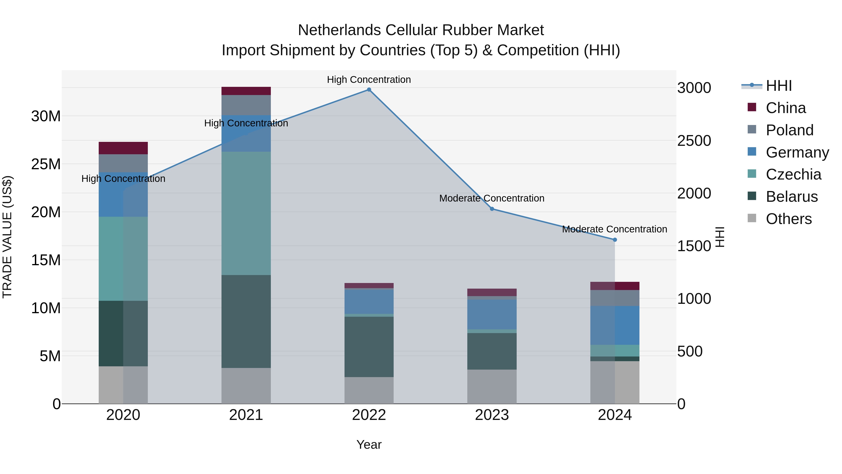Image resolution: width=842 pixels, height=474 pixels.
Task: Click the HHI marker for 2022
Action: tap(369, 90)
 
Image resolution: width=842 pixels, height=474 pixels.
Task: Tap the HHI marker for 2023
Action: tap(492, 209)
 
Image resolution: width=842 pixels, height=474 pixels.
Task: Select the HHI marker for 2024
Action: tap(615, 240)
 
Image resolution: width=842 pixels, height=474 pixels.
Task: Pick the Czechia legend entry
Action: tap(793, 174)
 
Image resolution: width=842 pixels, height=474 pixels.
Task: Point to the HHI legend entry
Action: tap(779, 86)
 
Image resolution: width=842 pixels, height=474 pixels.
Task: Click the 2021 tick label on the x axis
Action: tap(246, 415)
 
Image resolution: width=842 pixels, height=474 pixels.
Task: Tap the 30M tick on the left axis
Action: tap(46, 116)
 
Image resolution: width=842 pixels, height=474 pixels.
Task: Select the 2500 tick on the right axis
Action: tap(694, 141)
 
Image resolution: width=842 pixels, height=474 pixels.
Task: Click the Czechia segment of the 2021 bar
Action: tap(246, 213)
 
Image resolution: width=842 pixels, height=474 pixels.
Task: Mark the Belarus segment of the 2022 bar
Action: tap(369, 347)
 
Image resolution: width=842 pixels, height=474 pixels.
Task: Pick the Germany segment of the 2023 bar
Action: tap(492, 314)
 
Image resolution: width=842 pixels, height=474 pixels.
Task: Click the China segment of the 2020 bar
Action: tap(123, 148)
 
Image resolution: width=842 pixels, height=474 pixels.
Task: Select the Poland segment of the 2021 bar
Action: tap(246, 105)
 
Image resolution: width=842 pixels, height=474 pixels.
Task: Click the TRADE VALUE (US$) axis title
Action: tap(7, 237)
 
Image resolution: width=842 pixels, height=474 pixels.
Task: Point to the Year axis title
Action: tap(369, 445)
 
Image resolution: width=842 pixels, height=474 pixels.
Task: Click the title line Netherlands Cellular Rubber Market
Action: tap(421, 30)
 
